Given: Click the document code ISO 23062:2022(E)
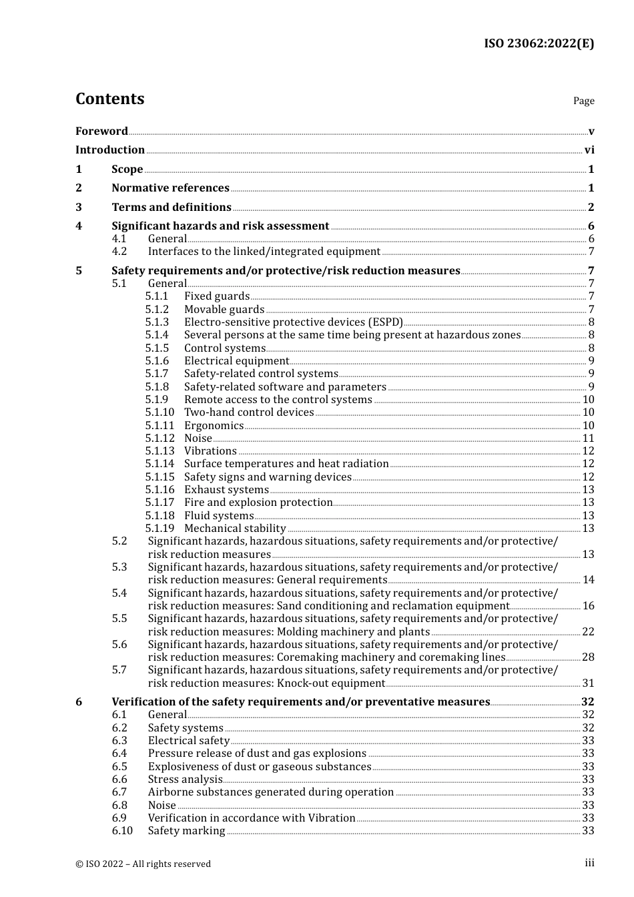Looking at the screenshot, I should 539,43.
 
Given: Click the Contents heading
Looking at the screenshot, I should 109,99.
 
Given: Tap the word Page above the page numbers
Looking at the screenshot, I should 583,101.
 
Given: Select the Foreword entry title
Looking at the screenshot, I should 101,131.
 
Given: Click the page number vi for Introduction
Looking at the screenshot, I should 589,150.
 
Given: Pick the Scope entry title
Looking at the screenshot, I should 127,170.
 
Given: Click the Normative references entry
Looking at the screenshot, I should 170,188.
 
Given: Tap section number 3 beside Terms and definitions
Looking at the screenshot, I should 79,208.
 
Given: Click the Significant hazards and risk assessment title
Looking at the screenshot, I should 220,226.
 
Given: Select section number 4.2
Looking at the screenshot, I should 119,252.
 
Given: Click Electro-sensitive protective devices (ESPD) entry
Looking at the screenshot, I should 294,322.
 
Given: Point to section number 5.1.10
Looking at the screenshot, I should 160,412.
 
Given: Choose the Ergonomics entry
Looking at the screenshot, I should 214,426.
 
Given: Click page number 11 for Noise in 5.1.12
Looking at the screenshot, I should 588,438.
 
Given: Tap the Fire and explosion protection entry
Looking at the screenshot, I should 258,503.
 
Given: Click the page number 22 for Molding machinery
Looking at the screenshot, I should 588,631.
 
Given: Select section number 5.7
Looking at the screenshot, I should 119,670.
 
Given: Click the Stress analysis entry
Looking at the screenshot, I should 185,780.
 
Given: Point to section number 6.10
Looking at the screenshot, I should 122,831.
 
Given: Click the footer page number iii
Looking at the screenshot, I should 589,863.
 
